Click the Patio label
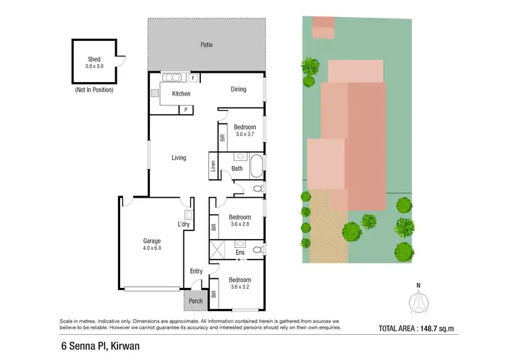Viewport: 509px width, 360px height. click(206, 45)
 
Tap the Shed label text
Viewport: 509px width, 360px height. click(94, 60)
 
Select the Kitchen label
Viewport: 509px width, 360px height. click(181, 94)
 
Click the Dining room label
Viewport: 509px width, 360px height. click(238, 89)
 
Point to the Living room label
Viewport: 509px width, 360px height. click(178, 158)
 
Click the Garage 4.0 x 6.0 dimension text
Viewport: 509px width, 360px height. click(151, 249)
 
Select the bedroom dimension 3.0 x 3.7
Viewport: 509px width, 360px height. click(244, 134)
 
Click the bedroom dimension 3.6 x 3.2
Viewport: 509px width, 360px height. click(240, 287)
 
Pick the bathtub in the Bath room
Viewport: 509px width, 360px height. click(257, 166)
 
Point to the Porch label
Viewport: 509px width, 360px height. click(195, 301)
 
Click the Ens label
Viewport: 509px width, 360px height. click(240, 253)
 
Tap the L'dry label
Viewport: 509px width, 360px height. click(183, 224)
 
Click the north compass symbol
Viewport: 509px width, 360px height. click(419, 299)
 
